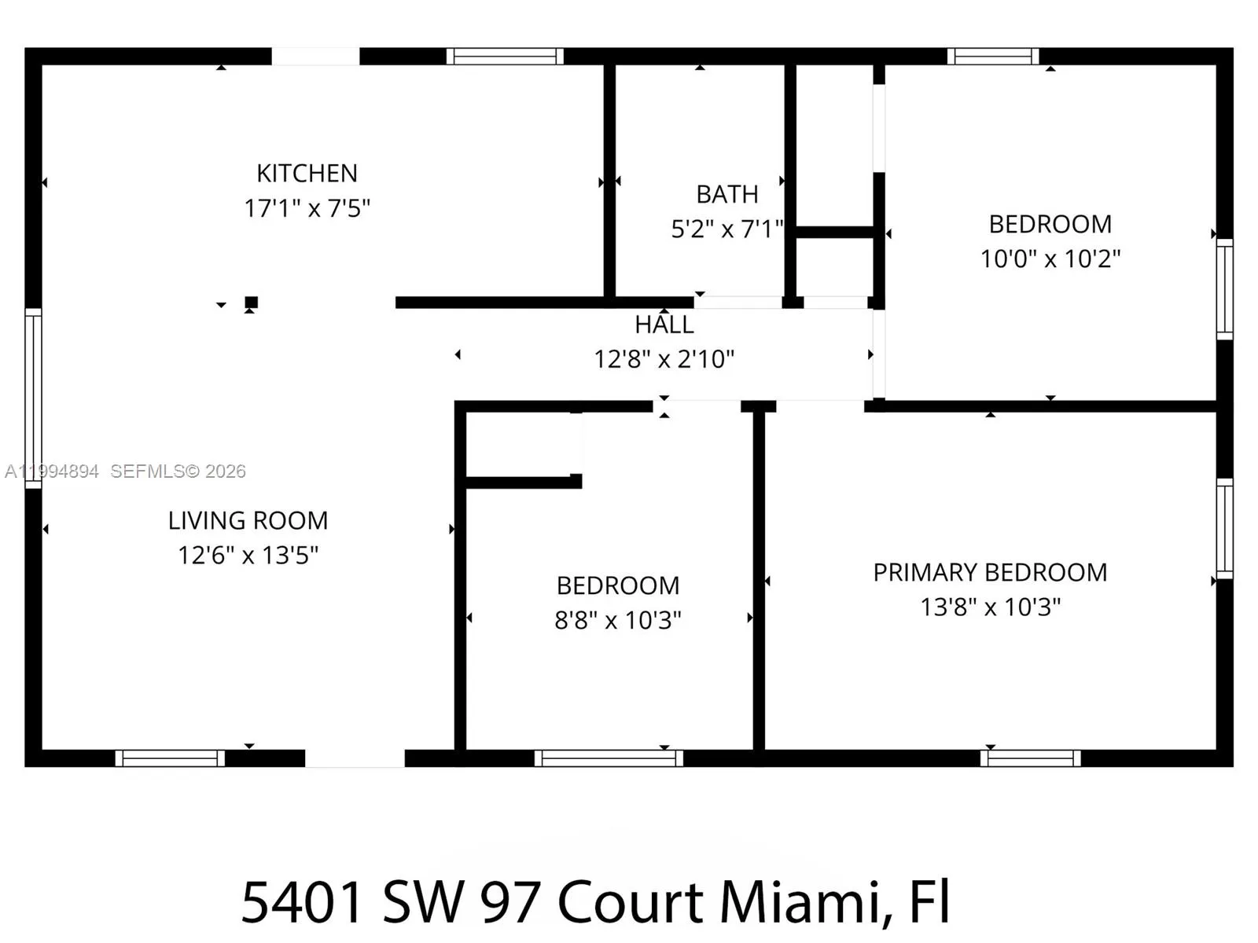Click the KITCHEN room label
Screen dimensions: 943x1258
(307, 173)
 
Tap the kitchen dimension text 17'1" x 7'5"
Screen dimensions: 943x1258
(307, 208)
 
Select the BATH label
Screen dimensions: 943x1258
(727, 194)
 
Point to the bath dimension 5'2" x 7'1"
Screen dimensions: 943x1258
(727, 229)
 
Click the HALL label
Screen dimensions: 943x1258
(664, 325)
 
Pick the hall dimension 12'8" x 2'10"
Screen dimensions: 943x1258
(664, 359)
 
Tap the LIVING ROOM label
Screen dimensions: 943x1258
(248, 520)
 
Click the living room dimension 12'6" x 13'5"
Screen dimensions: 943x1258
(248, 555)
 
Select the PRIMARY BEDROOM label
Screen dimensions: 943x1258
(990, 572)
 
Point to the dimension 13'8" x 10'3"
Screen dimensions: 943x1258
(990, 607)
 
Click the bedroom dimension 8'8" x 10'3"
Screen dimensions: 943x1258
(618, 620)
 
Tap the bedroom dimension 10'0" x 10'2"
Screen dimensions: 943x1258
(1050, 259)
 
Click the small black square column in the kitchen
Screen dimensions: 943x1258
(251, 302)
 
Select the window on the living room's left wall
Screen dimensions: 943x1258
(33, 398)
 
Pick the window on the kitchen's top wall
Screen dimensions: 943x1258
(505, 57)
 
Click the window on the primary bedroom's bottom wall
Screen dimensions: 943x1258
(1030, 758)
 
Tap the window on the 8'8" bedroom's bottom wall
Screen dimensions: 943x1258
(609, 758)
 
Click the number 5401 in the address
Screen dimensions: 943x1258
(303, 901)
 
